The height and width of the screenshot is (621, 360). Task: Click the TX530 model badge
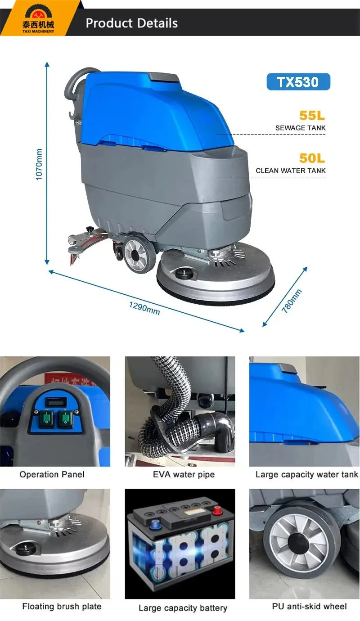point(298,82)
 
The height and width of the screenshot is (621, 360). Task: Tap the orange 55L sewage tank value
point(312,115)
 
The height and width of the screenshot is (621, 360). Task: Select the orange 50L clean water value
point(312,158)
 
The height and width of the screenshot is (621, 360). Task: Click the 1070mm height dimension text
point(39,164)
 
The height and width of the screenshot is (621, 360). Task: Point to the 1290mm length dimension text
point(144,308)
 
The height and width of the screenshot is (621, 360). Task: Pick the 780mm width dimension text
point(291,301)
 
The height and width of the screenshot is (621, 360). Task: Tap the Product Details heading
point(132,23)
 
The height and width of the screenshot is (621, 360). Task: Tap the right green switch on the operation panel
point(66,418)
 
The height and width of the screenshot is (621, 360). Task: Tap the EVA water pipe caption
point(184,474)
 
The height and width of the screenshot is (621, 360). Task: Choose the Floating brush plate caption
point(62,606)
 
